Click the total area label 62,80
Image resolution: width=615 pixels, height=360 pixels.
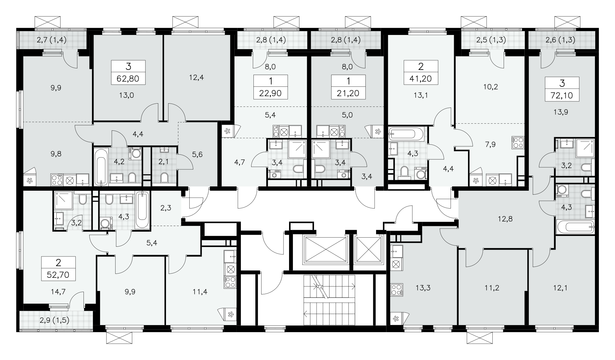coord(128,78)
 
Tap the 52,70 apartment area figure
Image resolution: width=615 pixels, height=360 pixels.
coord(59,275)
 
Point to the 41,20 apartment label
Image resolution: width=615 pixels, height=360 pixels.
coord(420,78)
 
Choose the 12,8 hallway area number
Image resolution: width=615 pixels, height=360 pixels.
coord(505,219)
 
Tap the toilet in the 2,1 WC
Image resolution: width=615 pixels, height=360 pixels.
coord(164,177)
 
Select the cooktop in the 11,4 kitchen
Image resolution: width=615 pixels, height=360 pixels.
coord(230,282)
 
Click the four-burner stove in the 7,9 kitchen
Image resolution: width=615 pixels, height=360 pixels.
coord(518,142)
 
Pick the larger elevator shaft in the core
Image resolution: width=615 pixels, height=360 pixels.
coord(325,249)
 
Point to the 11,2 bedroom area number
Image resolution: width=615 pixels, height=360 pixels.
coord(492,287)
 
